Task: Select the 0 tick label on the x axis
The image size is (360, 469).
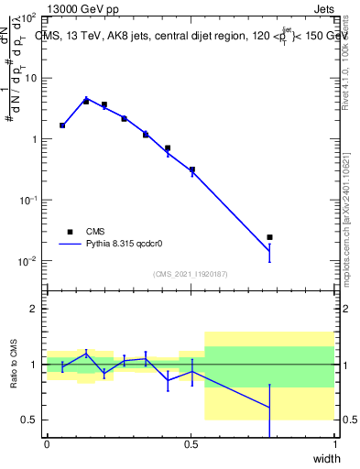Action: coord(47,444)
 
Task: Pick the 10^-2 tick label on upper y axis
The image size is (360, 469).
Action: coord(27,261)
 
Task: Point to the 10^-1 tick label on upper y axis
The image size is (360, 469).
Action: coord(27,200)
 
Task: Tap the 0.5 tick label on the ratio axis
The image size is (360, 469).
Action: coord(28,420)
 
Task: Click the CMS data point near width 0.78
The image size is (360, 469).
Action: coord(269,237)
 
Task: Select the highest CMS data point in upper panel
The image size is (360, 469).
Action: coord(86,101)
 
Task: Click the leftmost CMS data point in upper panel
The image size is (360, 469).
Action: coord(62,125)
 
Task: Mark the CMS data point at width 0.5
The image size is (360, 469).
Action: coord(191,169)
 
